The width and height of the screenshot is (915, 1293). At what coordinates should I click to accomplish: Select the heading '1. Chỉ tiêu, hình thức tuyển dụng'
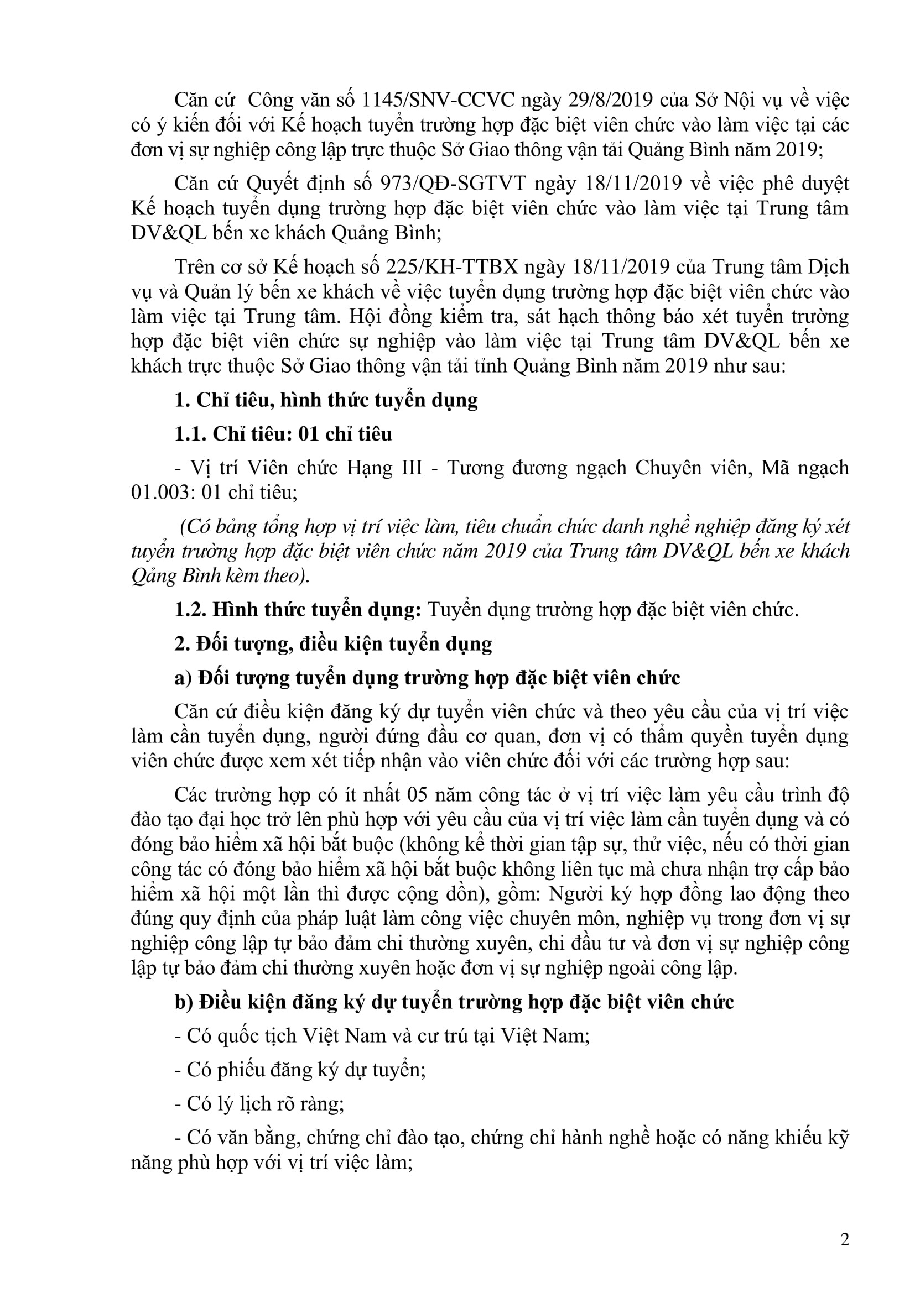[x=326, y=400]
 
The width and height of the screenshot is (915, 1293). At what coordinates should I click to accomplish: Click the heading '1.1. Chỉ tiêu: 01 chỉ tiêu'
[x=283, y=434]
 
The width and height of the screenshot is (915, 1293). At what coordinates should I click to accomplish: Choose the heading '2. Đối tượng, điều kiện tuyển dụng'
[x=333, y=643]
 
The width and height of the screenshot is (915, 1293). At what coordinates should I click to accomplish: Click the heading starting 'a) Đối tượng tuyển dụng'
[x=427, y=678]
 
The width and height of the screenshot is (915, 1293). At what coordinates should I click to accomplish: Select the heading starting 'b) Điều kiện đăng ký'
[x=454, y=1002]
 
